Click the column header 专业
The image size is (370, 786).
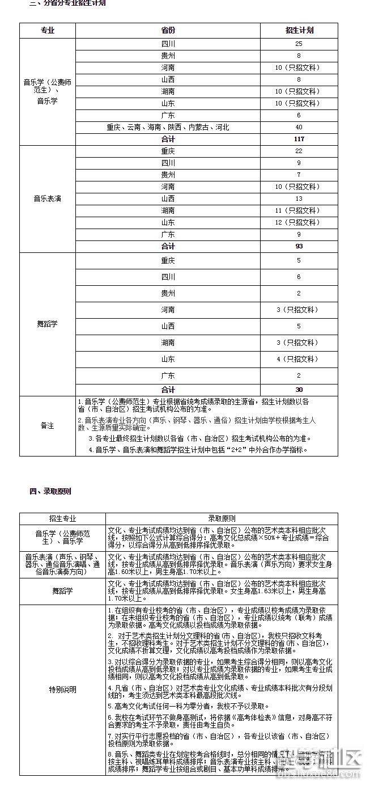[x=48, y=30]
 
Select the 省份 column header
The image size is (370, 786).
[x=168, y=30]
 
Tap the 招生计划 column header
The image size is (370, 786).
[x=299, y=30]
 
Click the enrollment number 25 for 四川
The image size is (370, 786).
[x=299, y=44]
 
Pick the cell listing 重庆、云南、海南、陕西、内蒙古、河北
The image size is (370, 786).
[x=168, y=127]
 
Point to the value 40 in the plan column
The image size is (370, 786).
[x=299, y=127]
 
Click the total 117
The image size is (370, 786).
[x=299, y=139]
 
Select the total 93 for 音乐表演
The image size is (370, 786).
[x=299, y=246]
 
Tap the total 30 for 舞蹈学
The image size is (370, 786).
[x=299, y=390]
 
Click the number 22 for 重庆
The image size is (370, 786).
[x=299, y=151]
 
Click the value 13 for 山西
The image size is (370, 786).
[x=299, y=198]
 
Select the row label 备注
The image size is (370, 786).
[x=48, y=425]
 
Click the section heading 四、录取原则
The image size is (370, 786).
[x=50, y=491]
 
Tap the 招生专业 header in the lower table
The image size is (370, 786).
[x=62, y=518]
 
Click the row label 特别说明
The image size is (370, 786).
[x=62, y=690]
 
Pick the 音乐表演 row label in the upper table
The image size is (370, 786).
[x=48, y=198]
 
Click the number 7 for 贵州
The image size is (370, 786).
[x=299, y=175]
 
